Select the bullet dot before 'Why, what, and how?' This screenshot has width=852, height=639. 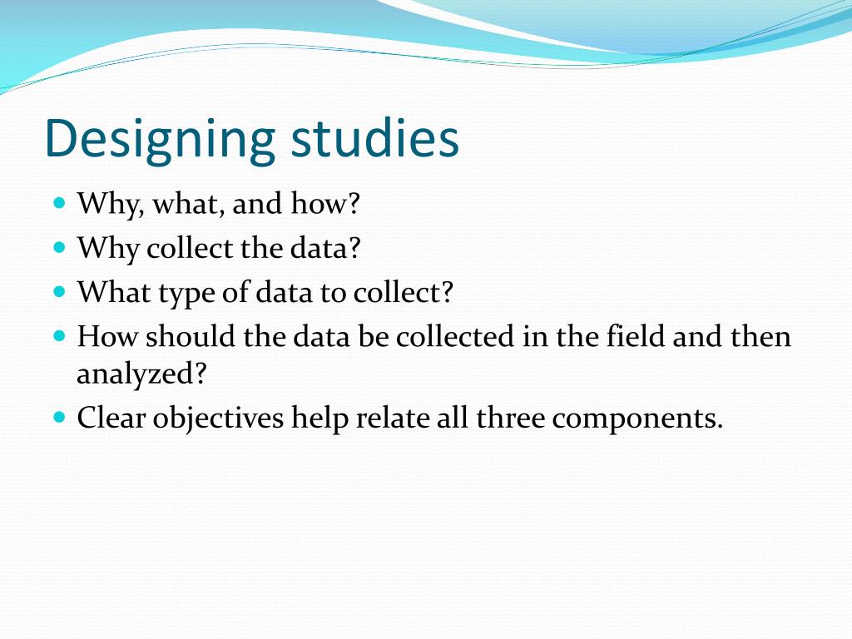(58, 202)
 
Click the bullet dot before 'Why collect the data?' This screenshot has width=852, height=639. (58, 247)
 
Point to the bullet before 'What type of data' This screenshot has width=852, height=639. (58, 292)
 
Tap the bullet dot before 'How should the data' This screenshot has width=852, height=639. (58, 337)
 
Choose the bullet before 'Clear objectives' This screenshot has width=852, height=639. (58, 416)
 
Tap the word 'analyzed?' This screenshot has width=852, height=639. (141, 374)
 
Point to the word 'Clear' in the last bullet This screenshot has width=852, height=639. (109, 417)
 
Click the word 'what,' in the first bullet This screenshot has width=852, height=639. (186, 203)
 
